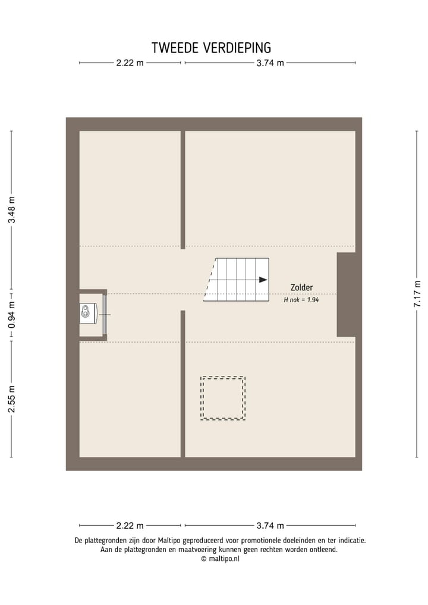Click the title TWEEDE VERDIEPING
click(211, 48)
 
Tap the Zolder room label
click(301, 287)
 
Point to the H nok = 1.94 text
click(301, 300)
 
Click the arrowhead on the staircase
click(263, 280)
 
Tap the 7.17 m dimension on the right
click(417, 294)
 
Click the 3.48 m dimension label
click(11, 209)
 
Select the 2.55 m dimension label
click(11, 399)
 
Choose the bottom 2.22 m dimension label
click(130, 525)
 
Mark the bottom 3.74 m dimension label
click(270, 525)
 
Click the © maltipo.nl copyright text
click(221, 559)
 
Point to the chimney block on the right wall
click(346, 294)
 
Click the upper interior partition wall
click(183, 189)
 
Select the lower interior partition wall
click(183, 384)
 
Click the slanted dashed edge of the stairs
click(210, 280)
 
